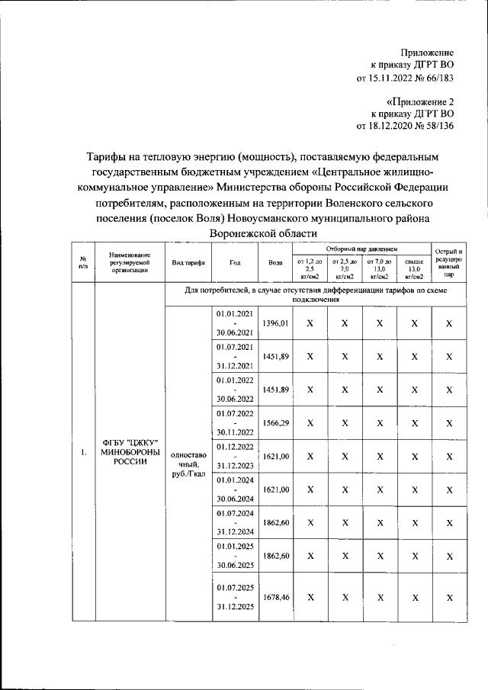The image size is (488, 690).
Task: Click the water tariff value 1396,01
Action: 275,324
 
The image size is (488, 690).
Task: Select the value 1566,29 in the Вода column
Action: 275,423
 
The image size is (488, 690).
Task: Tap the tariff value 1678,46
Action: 275,599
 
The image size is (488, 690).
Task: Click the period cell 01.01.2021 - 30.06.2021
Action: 235,323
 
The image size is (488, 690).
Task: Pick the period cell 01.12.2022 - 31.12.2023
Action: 235,456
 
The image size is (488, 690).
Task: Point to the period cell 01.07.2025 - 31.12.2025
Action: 235,599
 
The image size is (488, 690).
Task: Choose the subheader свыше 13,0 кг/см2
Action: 414,268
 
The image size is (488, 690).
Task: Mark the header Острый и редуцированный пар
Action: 449,262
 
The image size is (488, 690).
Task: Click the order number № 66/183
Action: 435,78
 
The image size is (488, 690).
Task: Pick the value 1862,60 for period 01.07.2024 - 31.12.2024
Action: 275,522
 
